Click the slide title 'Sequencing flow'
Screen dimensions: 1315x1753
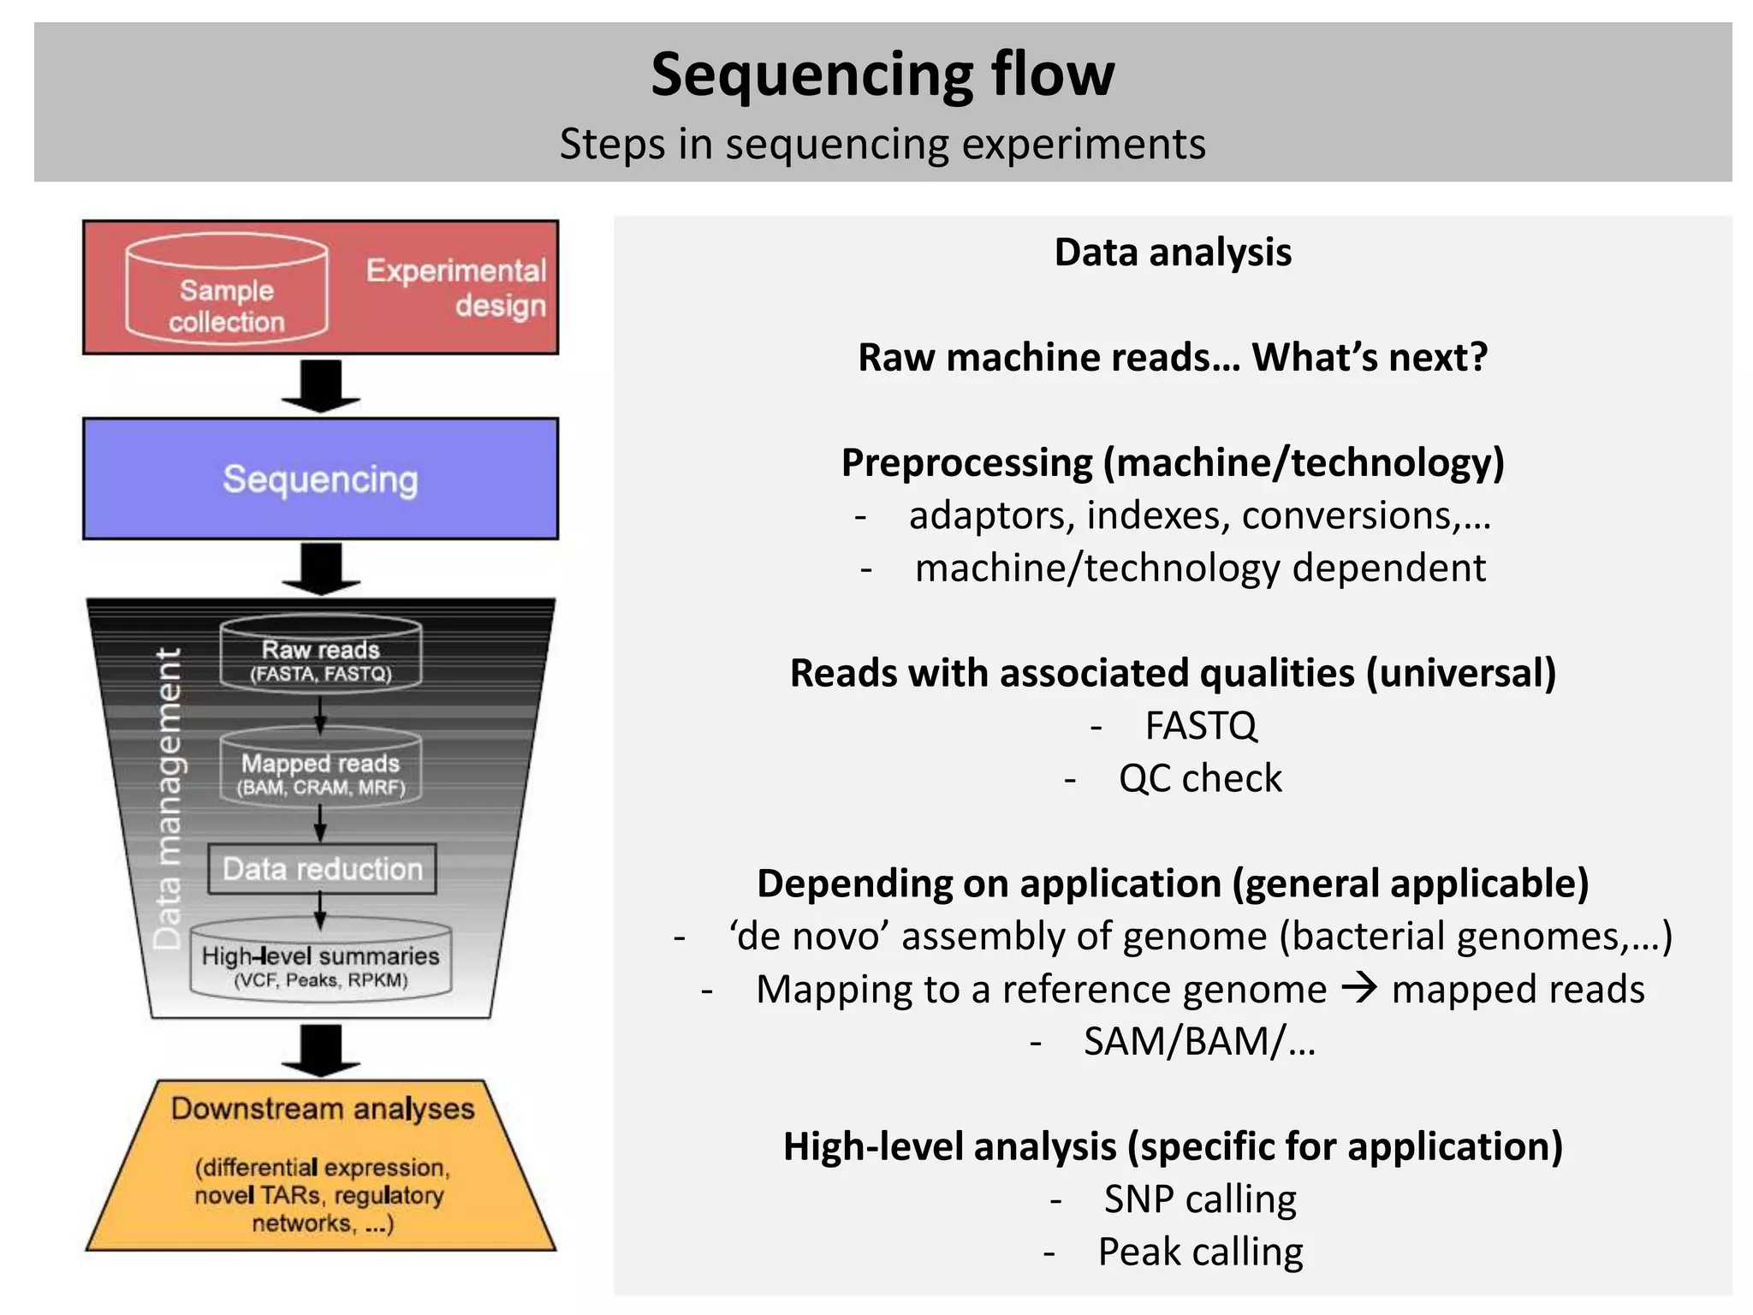882,74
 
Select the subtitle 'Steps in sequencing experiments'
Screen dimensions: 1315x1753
882,144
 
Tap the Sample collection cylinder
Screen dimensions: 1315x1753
227,291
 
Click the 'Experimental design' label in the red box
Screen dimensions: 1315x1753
455,288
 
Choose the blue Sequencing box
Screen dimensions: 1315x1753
320,479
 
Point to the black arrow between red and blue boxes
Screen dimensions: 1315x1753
321,385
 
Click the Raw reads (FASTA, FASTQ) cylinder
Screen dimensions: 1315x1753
321,655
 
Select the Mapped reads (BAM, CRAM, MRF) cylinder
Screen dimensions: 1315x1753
321,768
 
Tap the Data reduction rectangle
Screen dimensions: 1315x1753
323,869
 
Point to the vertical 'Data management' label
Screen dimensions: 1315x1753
168,798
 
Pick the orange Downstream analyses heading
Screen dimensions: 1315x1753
323,1109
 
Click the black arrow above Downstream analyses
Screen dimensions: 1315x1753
321,1050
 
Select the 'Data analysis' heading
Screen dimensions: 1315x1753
1172,253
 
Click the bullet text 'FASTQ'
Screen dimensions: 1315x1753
1200,726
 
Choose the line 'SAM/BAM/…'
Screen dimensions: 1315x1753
1198,1042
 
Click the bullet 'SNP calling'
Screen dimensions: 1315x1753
1199,1199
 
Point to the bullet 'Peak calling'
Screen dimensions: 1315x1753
1199,1253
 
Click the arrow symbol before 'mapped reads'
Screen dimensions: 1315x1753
1359,989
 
